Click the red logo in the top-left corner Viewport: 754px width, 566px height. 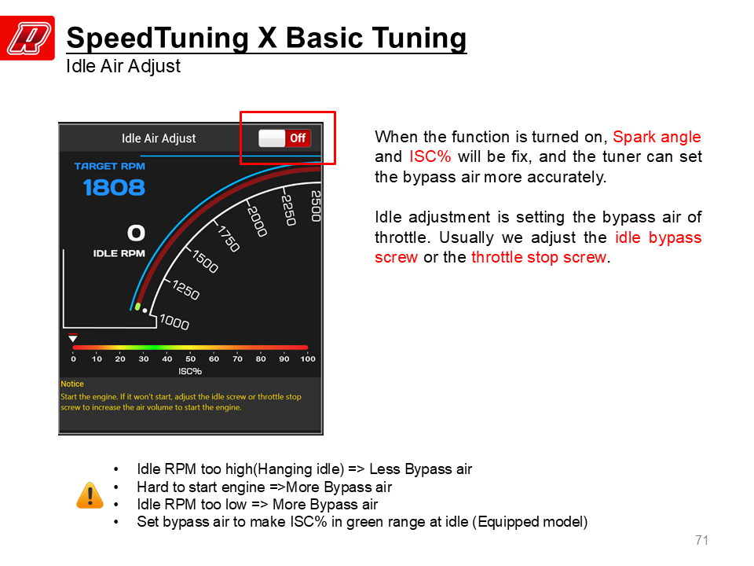click(x=27, y=38)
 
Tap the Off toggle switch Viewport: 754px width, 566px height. click(x=284, y=138)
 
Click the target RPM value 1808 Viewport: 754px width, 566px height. click(x=114, y=188)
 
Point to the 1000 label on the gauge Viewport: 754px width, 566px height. click(x=174, y=322)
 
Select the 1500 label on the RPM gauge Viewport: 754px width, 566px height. click(x=205, y=261)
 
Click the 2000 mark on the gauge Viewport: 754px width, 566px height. click(x=257, y=221)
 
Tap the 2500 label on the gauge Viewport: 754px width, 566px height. click(x=316, y=206)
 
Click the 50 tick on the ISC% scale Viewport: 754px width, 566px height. click(x=190, y=358)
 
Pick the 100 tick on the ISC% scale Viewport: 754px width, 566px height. click(x=308, y=358)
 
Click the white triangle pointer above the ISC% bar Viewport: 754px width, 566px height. click(x=72, y=338)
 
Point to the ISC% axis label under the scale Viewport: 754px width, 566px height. click(x=190, y=371)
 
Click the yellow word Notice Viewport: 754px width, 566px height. click(x=72, y=384)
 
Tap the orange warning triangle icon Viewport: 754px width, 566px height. click(x=90, y=495)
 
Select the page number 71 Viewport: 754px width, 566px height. click(x=701, y=540)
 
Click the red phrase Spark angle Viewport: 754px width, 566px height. click(x=657, y=137)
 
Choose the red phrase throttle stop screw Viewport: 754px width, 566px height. click(x=539, y=257)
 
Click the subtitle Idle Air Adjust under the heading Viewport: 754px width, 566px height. click(x=123, y=66)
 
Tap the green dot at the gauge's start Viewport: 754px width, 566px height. click(x=138, y=307)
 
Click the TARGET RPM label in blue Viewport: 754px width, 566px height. click(x=110, y=166)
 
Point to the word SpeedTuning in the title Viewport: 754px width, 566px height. click(x=158, y=39)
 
